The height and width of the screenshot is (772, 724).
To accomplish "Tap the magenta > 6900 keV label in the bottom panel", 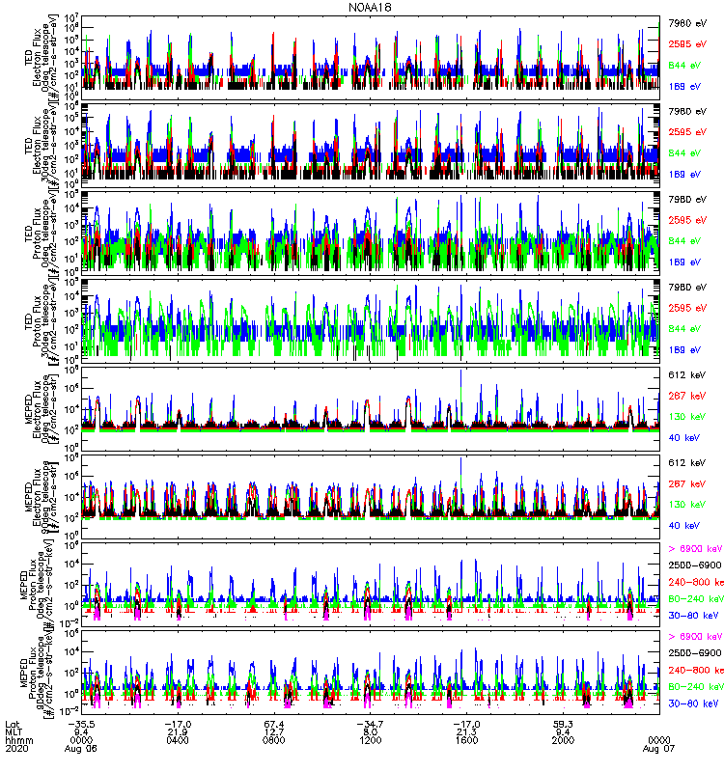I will click(x=691, y=637).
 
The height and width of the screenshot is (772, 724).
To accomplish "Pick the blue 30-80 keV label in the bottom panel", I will click(x=689, y=704).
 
